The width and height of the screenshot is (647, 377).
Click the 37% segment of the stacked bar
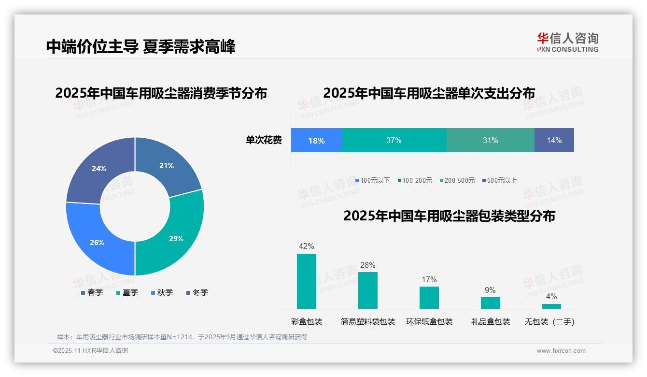pos(394,140)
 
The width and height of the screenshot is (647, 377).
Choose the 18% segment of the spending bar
pos(316,140)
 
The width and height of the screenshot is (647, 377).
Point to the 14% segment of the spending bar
pos(554,140)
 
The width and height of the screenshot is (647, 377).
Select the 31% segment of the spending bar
pos(490,140)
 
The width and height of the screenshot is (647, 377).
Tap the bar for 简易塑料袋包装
pos(367,290)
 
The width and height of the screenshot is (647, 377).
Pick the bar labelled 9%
pos(490,303)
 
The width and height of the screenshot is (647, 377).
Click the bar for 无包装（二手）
pos(551,306)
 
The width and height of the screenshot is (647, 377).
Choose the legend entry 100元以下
pos(372,181)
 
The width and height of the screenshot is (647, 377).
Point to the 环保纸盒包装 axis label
pos(429,322)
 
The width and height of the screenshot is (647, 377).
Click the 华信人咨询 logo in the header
pos(567,43)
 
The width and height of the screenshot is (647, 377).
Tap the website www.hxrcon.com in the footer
pos(561,351)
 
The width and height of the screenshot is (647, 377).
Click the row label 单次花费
pos(264,141)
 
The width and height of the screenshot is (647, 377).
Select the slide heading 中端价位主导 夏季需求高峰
pos(141,47)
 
